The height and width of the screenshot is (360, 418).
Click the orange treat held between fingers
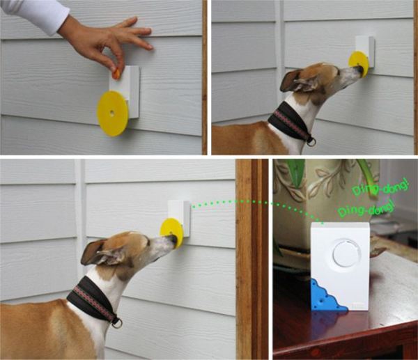[x=116, y=74]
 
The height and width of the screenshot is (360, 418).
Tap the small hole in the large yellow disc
[x=111, y=113]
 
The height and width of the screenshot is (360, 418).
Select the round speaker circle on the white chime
[x=346, y=256]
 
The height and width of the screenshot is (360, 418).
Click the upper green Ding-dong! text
[x=381, y=187]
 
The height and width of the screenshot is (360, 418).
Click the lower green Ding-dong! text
[x=366, y=208]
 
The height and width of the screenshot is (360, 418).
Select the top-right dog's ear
[x=296, y=81]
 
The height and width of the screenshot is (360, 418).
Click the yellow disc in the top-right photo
[x=358, y=63]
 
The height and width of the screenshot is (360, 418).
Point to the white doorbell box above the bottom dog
[x=179, y=219]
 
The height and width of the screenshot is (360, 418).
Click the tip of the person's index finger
[x=150, y=47]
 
